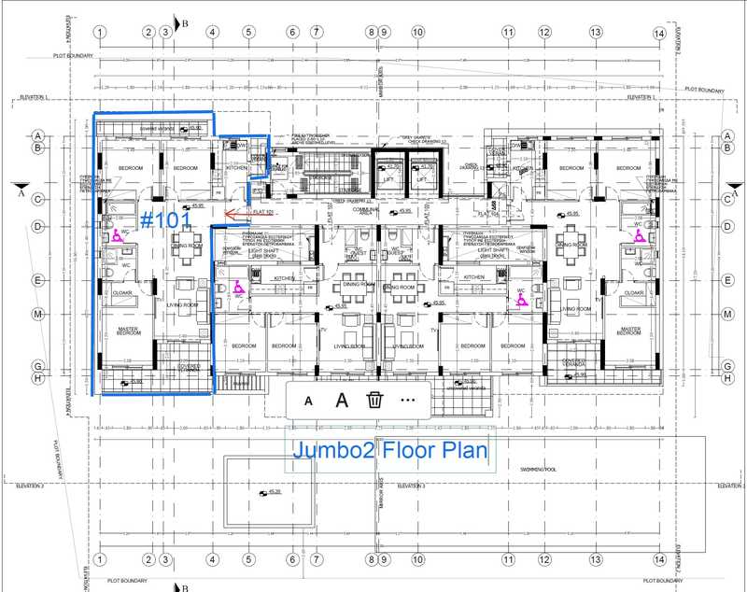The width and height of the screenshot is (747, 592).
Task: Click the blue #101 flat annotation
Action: point(165,219)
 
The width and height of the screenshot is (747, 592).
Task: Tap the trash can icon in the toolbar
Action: point(374,401)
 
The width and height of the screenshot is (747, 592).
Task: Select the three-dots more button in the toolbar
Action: point(407,400)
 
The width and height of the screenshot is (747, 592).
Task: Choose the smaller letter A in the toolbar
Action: point(308,401)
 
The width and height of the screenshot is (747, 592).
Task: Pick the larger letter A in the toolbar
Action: point(342,401)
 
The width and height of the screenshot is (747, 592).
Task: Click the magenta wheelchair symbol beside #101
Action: point(120,234)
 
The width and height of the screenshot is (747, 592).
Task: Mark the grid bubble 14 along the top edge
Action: point(659,33)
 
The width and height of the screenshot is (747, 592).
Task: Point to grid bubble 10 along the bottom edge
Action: point(417,559)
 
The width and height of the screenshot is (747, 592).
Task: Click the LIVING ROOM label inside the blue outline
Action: point(180,304)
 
